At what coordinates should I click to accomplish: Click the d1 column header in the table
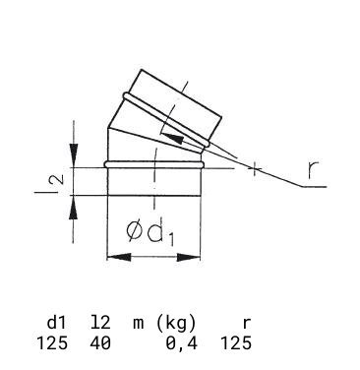(56, 323)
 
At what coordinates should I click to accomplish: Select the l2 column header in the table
(100, 323)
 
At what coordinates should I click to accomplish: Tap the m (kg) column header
(164, 324)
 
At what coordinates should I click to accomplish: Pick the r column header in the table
(247, 324)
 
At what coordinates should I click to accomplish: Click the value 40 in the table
(100, 343)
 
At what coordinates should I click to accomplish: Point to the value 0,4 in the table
(181, 344)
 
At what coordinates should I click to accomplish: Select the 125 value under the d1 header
(52, 343)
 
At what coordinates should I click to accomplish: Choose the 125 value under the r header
(236, 343)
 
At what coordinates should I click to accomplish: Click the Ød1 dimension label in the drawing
(150, 233)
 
